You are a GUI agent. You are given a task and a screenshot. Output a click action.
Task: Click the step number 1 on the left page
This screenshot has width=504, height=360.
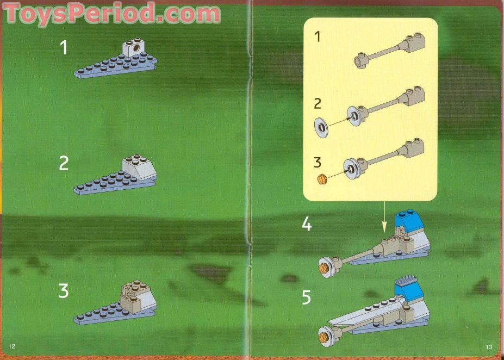pos(64,48)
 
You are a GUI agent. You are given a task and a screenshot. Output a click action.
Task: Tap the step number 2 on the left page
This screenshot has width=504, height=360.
pos(64,163)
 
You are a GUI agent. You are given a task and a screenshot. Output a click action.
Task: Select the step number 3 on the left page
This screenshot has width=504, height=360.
pos(64,291)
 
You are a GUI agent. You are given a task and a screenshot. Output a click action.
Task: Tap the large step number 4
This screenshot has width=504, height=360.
pos(307,224)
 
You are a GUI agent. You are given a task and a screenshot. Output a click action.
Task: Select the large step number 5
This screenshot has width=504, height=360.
pos(307,297)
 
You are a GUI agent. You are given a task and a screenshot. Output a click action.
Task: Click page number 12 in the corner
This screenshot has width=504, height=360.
pos(13,347)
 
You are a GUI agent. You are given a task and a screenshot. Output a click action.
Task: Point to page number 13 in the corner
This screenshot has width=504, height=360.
pos(489,347)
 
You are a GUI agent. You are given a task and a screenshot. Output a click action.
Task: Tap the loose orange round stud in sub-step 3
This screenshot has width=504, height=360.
pos(322,178)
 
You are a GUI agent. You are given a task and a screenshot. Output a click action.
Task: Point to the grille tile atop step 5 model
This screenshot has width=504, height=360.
pos(407,280)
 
